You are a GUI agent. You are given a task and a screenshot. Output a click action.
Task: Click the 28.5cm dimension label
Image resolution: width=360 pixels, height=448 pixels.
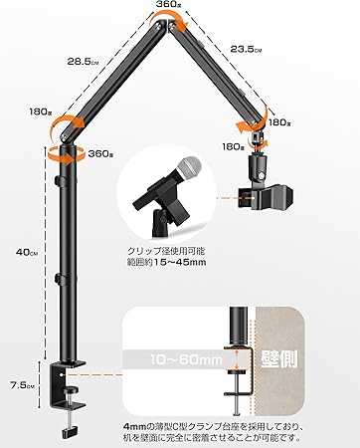pyautogui.click(x=83, y=62)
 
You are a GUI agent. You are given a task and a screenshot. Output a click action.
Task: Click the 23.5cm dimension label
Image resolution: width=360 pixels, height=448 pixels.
pyautogui.click(x=246, y=49)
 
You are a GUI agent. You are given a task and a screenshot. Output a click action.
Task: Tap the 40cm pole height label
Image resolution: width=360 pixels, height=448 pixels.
pyautogui.click(x=27, y=252)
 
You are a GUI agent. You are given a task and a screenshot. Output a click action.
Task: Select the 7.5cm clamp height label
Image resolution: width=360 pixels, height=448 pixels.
pyautogui.click(x=22, y=385)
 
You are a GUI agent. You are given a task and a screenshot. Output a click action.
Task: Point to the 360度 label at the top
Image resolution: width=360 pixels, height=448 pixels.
pyautogui.click(x=169, y=4)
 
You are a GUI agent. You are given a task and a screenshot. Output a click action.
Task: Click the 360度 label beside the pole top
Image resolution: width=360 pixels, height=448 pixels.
pyautogui.click(x=100, y=153)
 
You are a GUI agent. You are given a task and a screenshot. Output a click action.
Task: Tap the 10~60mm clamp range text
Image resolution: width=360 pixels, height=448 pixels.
pyautogui.click(x=186, y=359)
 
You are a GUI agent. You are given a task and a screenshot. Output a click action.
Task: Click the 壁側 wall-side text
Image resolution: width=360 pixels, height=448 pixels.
pyautogui.click(x=279, y=358)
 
